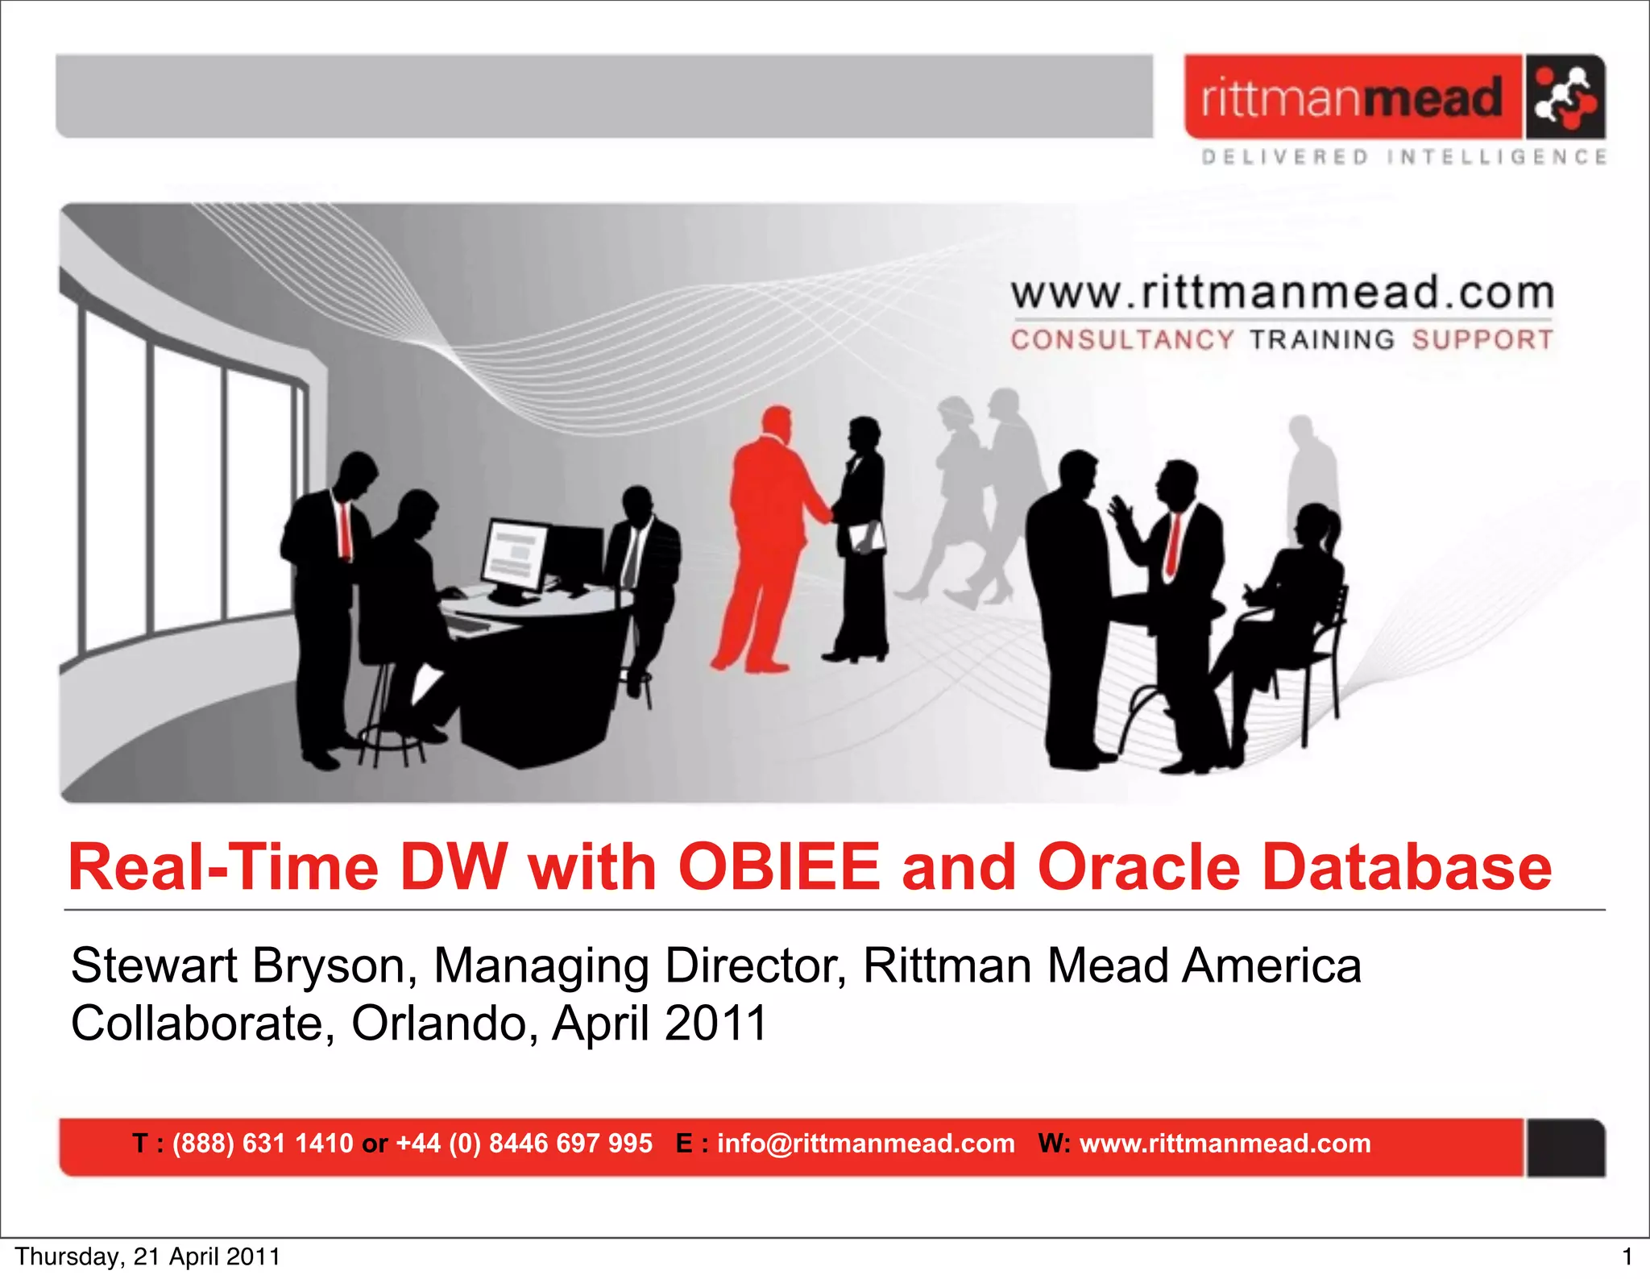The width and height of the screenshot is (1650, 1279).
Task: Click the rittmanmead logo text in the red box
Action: [1351, 98]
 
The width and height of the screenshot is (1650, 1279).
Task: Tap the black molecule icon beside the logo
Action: [1565, 98]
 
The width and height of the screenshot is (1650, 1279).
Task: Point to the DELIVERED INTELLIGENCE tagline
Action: [1403, 156]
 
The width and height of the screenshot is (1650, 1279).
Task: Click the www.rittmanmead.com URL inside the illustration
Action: [1282, 293]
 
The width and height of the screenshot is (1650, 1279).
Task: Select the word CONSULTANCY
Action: [1121, 340]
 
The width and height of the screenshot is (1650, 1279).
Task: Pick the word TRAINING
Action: [1321, 340]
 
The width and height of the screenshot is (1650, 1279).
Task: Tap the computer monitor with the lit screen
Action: [516, 556]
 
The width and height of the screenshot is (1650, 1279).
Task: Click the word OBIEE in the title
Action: [779, 867]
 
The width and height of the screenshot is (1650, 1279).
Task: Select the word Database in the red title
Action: [1407, 867]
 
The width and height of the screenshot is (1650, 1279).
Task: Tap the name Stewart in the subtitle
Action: [154, 965]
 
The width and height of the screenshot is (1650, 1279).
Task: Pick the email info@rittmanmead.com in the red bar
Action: [865, 1143]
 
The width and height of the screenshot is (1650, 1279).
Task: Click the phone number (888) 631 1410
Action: [263, 1143]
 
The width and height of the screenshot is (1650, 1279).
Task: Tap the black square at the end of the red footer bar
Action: [1565, 1147]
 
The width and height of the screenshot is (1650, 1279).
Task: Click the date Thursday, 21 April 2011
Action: [147, 1256]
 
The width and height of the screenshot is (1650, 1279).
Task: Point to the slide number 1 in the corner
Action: [1627, 1256]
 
